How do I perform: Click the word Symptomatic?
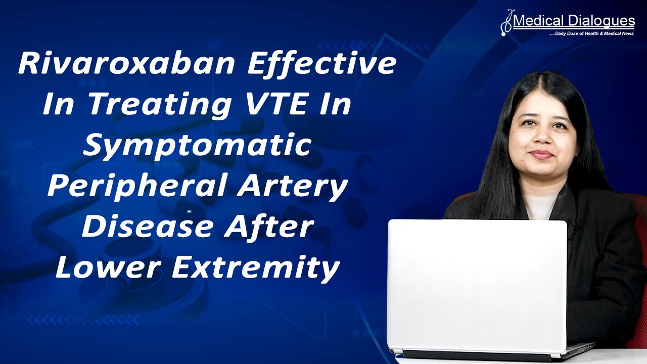tap(197, 146)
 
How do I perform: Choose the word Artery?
tap(298, 187)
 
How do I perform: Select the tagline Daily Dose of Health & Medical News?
tap(592, 34)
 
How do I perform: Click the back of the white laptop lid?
tap(478, 286)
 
